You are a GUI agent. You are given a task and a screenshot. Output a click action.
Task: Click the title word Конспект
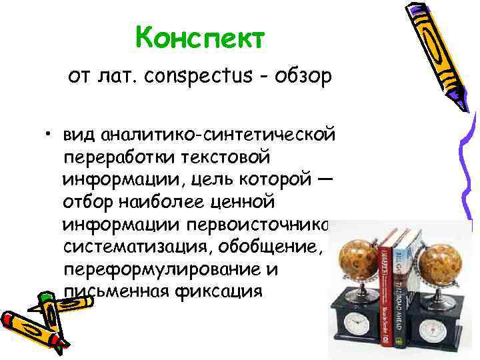[200, 39]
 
